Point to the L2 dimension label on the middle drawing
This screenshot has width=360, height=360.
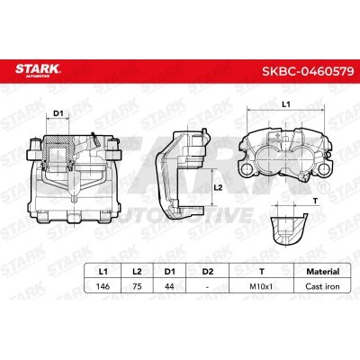(x=218, y=186)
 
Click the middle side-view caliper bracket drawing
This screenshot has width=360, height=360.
(x=184, y=171)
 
